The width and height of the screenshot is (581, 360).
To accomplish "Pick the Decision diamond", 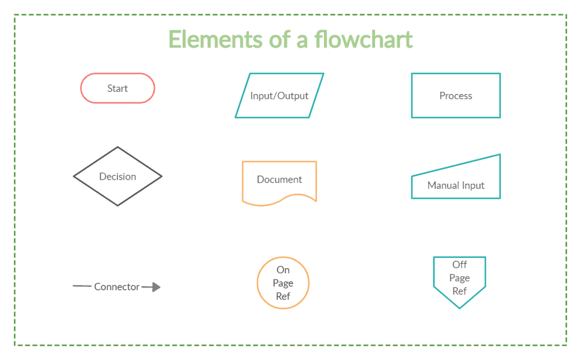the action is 95,162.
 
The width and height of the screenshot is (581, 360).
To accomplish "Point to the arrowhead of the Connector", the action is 157,287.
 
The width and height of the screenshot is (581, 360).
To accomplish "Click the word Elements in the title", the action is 216,39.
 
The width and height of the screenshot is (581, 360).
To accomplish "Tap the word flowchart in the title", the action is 364,39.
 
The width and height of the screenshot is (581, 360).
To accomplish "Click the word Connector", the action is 117,287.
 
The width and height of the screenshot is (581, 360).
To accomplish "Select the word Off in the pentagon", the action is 460,264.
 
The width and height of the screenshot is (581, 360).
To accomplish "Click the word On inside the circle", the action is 283,270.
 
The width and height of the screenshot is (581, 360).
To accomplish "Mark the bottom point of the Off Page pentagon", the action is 460,308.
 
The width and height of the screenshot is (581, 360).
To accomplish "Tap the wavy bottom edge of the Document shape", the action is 279,200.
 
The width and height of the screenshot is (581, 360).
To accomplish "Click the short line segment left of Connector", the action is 82,286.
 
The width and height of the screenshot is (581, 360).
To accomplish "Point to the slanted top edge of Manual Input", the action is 456,165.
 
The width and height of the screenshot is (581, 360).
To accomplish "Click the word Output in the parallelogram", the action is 293,96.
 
